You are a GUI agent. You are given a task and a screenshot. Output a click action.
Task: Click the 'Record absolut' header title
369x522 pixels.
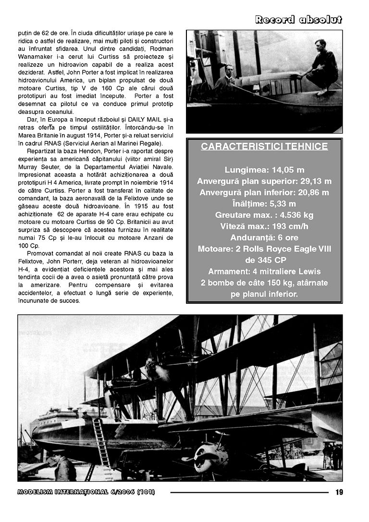(x=298, y=20)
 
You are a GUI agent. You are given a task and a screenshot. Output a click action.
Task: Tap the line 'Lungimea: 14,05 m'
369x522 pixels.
(x=264, y=170)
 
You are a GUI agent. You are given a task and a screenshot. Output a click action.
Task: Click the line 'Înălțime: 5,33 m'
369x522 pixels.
(x=264, y=204)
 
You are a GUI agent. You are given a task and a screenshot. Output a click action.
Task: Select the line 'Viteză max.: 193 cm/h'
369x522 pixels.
(x=264, y=226)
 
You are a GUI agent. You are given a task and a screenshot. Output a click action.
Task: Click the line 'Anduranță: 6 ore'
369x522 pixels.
(x=264, y=237)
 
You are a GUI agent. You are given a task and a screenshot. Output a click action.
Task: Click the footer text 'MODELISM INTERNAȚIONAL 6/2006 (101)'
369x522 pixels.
(x=86, y=492)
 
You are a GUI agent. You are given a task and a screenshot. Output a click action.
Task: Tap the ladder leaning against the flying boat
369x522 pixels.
(x=101, y=445)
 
